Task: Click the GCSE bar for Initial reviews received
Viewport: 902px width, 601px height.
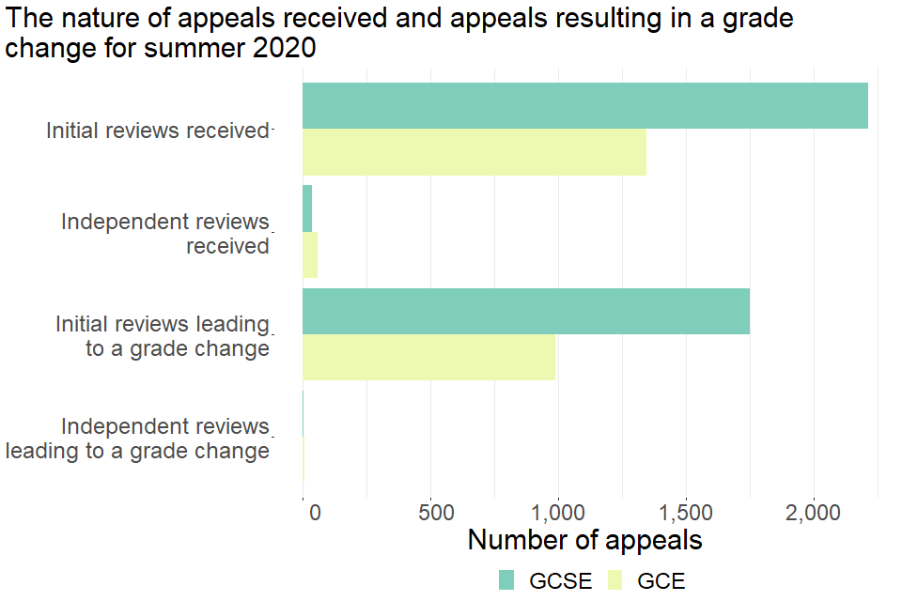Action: pyautogui.click(x=584, y=106)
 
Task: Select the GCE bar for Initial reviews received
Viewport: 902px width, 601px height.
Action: pyautogui.click(x=474, y=152)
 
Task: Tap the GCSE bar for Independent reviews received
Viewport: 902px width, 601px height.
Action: pyautogui.click(x=307, y=208)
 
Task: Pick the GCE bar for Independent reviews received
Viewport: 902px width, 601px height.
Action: pyautogui.click(x=310, y=254)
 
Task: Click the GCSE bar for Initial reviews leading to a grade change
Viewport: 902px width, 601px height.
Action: pyautogui.click(x=525, y=312)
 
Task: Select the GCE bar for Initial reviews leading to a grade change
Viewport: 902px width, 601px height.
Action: pyautogui.click(x=428, y=357)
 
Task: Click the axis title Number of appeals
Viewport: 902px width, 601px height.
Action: pyautogui.click(x=584, y=541)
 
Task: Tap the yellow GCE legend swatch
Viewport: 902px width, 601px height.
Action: pyautogui.click(x=614, y=579)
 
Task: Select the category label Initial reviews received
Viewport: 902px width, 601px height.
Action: pyautogui.click(x=158, y=131)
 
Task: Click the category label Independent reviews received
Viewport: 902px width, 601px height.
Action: pyautogui.click(x=165, y=234)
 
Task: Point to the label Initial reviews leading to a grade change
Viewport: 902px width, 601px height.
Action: pyautogui.click(x=163, y=336)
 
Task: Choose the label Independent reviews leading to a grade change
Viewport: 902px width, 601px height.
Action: pyautogui.click(x=138, y=439)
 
